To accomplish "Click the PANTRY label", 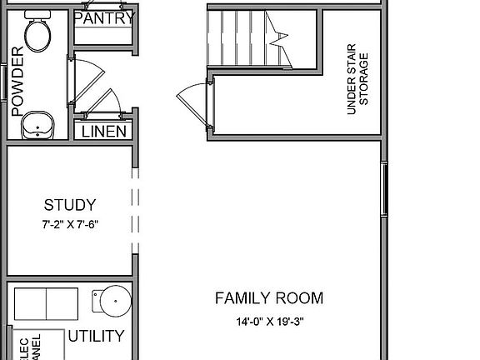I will point(104,17).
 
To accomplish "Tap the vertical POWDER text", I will point(17,80).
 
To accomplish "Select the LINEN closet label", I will point(104,131).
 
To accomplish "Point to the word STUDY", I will point(70,205).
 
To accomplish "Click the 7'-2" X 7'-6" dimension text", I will point(70,225).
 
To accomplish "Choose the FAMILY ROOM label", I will point(269,298).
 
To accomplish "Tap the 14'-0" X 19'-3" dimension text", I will point(269,322).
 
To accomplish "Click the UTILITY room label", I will point(97,337).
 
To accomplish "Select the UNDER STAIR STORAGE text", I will point(357,79).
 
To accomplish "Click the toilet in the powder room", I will point(37,33).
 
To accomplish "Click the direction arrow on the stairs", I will point(277,35).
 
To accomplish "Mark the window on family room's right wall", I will point(384,190).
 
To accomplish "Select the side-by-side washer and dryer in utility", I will point(47,302).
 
